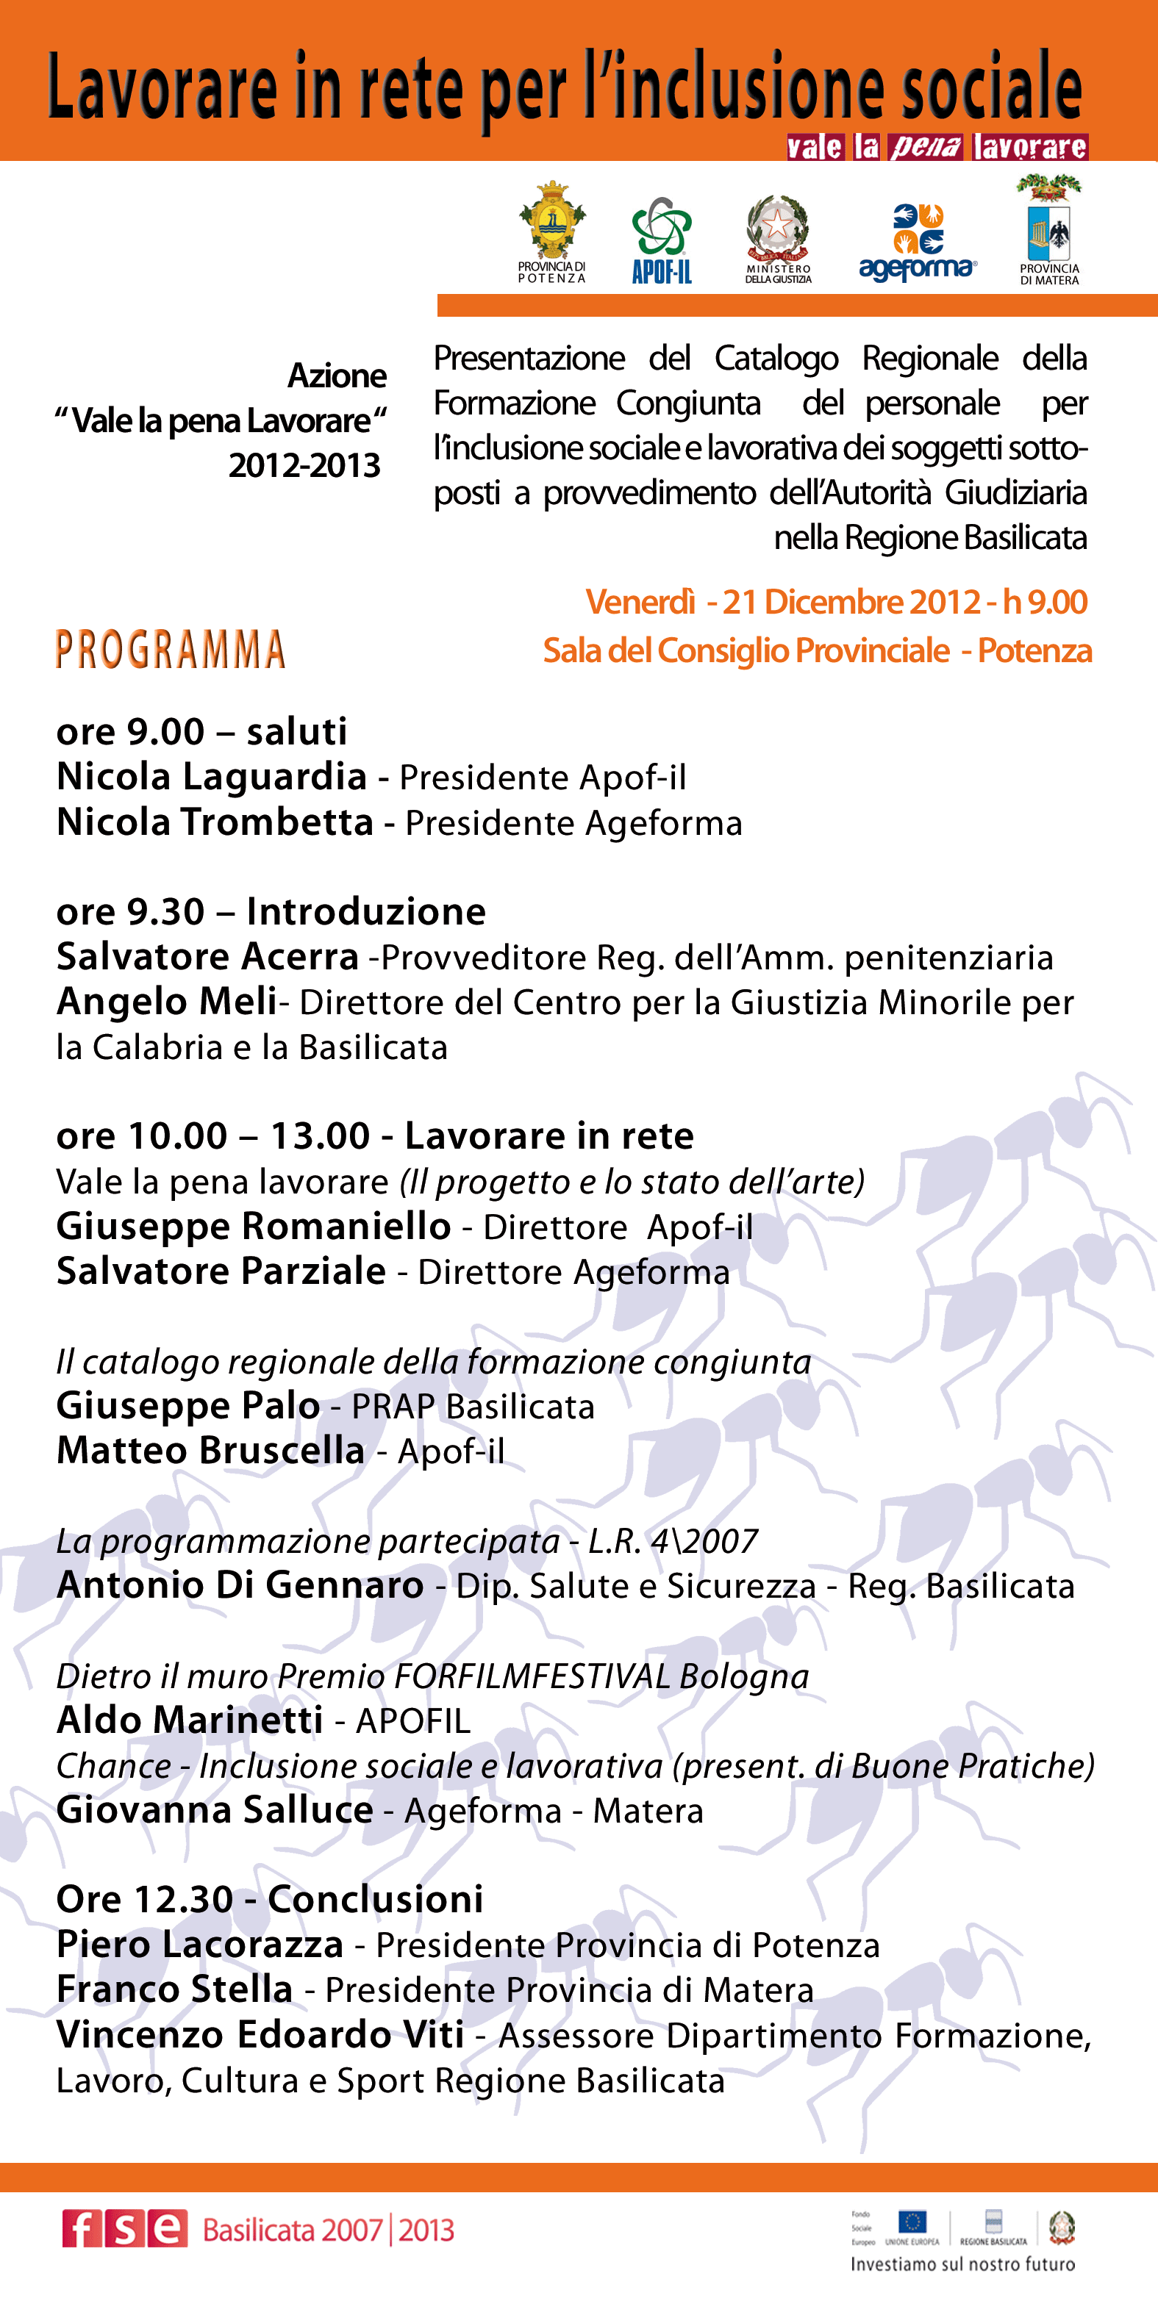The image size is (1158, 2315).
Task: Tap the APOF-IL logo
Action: pyautogui.click(x=662, y=239)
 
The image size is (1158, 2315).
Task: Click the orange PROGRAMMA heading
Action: pyautogui.click(x=170, y=650)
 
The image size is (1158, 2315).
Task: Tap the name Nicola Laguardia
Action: pyautogui.click(x=211, y=777)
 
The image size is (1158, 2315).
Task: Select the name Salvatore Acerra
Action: pyautogui.click(x=207, y=957)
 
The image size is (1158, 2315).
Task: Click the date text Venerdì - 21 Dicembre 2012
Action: pyautogui.click(x=782, y=602)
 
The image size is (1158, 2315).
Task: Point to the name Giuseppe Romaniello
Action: pyautogui.click(x=254, y=1227)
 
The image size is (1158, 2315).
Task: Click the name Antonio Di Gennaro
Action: pyautogui.click(x=240, y=1586)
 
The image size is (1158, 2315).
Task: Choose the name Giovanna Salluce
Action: pyautogui.click(x=215, y=1811)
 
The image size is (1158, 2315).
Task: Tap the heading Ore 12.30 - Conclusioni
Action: pyautogui.click(x=270, y=1900)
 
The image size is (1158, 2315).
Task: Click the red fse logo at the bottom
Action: pyautogui.click(x=124, y=2230)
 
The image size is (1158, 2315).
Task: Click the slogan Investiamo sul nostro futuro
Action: pyautogui.click(x=963, y=2264)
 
